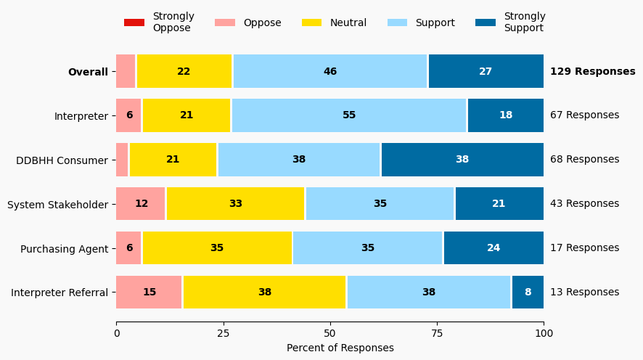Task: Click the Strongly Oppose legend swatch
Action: click(134, 22)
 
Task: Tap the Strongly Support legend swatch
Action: click(486, 22)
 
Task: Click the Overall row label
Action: click(88, 72)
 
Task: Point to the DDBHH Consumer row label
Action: click(62, 160)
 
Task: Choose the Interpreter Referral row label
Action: click(60, 292)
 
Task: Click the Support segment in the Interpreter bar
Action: click(349, 115)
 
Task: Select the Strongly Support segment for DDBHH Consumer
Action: click(462, 160)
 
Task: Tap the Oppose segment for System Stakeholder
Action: click(141, 204)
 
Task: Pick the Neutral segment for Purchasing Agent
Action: click(217, 248)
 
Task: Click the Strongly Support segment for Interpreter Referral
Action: click(528, 292)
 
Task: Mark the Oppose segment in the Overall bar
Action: click(126, 71)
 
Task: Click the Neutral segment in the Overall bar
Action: click(184, 71)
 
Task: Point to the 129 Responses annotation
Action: click(592, 71)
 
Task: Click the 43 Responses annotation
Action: click(584, 204)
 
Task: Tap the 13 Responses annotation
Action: click(584, 292)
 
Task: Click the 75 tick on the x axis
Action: click(437, 333)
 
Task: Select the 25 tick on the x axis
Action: click(224, 333)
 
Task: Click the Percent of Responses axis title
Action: click(340, 348)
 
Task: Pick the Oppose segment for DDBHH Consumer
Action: click(122, 160)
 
